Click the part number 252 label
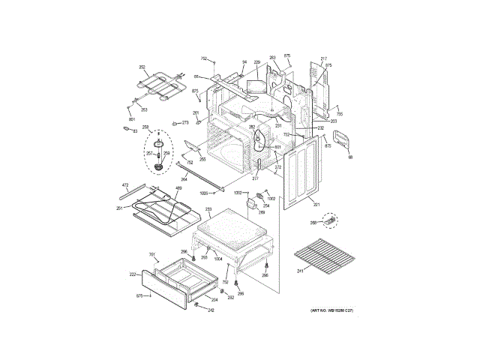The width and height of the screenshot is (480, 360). click(x=142, y=67)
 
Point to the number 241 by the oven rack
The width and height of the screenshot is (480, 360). click(x=300, y=271)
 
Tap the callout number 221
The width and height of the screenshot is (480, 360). click(x=316, y=205)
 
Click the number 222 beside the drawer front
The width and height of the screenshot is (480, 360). click(x=132, y=275)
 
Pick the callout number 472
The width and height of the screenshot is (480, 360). click(x=125, y=184)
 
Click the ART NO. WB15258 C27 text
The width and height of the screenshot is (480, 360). click(x=331, y=310)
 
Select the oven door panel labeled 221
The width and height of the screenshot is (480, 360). click(x=304, y=172)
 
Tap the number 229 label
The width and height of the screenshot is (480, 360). click(x=256, y=62)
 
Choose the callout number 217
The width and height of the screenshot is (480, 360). click(x=324, y=58)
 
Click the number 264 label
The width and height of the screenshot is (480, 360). click(x=184, y=179)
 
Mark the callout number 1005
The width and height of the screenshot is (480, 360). click(x=203, y=193)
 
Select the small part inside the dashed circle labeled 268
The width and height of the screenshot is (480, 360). click(x=328, y=220)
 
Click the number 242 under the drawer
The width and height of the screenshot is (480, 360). click(x=211, y=310)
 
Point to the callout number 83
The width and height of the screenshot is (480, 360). click(x=135, y=131)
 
